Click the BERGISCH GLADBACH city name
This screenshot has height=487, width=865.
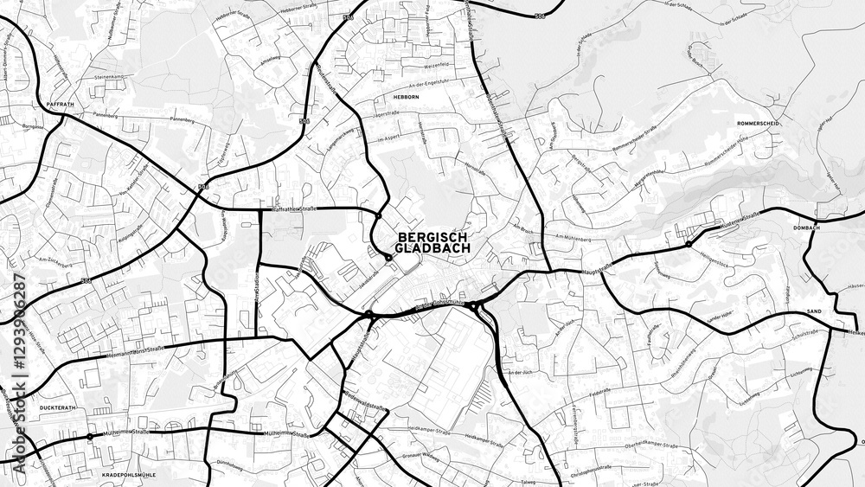[432, 242]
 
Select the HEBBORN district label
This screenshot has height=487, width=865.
[407, 98]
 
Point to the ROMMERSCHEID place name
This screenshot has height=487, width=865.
[759, 124]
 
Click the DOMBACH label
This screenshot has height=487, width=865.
[805, 228]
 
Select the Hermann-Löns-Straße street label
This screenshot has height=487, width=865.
[135, 350]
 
